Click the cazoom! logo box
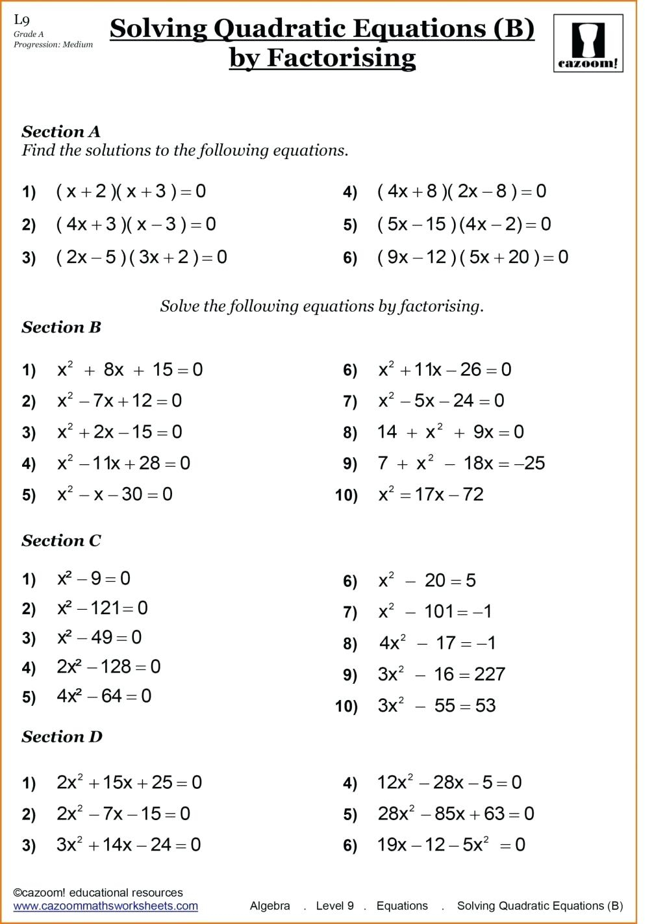[x=588, y=44]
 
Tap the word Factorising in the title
[x=341, y=58]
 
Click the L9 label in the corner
[x=21, y=20]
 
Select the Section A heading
[x=61, y=132]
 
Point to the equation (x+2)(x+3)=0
[x=131, y=192]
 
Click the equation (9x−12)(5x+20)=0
[x=472, y=257]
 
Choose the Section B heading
[x=61, y=327]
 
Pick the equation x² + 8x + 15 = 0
[x=130, y=370]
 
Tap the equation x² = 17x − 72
[x=431, y=495]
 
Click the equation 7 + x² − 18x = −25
[x=461, y=464]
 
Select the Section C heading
[x=61, y=541]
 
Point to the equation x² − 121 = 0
[x=102, y=608]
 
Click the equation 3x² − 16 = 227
[x=441, y=675]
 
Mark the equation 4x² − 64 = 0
[x=104, y=696]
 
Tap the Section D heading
[x=62, y=737]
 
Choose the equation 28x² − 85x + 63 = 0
[x=456, y=814]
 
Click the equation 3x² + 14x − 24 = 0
[x=129, y=845]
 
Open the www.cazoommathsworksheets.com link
[x=105, y=906]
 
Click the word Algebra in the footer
[x=270, y=906]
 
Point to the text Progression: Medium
[x=53, y=45]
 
